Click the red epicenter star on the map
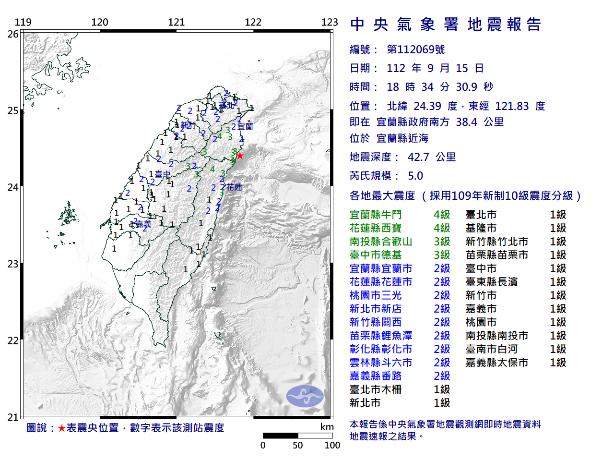tap(240, 156)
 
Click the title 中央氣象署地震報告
tap(446, 24)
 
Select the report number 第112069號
tap(415, 49)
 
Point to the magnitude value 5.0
tap(415, 176)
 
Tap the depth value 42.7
tap(418, 157)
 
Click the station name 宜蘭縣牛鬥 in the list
tap(376, 215)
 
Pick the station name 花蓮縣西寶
tap(376, 228)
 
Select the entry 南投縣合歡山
tap(381, 242)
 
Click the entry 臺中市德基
tap(376, 255)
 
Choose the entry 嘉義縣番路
tap(376, 376)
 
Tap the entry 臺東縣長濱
tap(492, 282)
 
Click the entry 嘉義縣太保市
tap(496, 363)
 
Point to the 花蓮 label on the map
tap(234, 187)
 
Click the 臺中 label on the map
tap(163, 174)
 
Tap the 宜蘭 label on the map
tap(245, 127)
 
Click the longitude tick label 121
tap(176, 22)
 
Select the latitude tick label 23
tap(13, 264)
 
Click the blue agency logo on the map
tap(305, 396)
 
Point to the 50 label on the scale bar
tap(297, 445)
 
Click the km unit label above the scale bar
tap(327, 427)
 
